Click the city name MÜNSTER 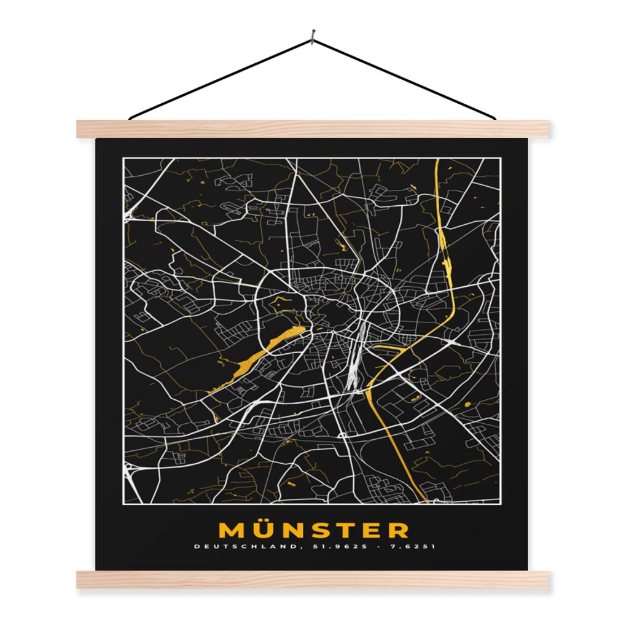coord(313,529)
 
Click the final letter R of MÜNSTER coord(397,530)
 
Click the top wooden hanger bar coord(313,128)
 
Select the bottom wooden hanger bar coord(313,579)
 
